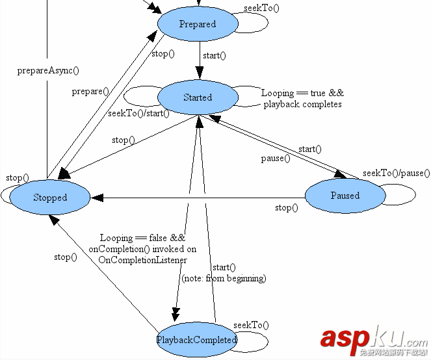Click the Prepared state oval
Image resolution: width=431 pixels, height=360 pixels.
click(x=197, y=24)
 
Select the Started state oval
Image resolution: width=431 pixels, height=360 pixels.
click(x=197, y=97)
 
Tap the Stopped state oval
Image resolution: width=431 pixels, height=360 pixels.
click(x=50, y=198)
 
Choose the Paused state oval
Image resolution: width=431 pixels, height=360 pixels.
click(x=345, y=196)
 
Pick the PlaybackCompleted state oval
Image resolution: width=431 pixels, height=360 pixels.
click(x=197, y=340)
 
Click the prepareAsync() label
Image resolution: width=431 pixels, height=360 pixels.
click(x=52, y=70)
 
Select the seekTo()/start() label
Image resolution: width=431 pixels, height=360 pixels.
click(x=138, y=114)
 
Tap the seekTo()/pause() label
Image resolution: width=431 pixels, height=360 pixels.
click(x=397, y=173)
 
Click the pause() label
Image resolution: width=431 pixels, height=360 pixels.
click(x=276, y=159)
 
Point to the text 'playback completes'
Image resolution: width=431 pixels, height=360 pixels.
click(x=302, y=104)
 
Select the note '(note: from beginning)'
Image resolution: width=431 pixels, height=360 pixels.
click(x=224, y=278)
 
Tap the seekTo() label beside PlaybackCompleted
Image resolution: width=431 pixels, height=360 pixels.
click(x=251, y=326)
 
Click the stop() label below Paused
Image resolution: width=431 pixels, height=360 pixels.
click(x=286, y=208)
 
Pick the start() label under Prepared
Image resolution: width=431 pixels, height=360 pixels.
click(x=214, y=55)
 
